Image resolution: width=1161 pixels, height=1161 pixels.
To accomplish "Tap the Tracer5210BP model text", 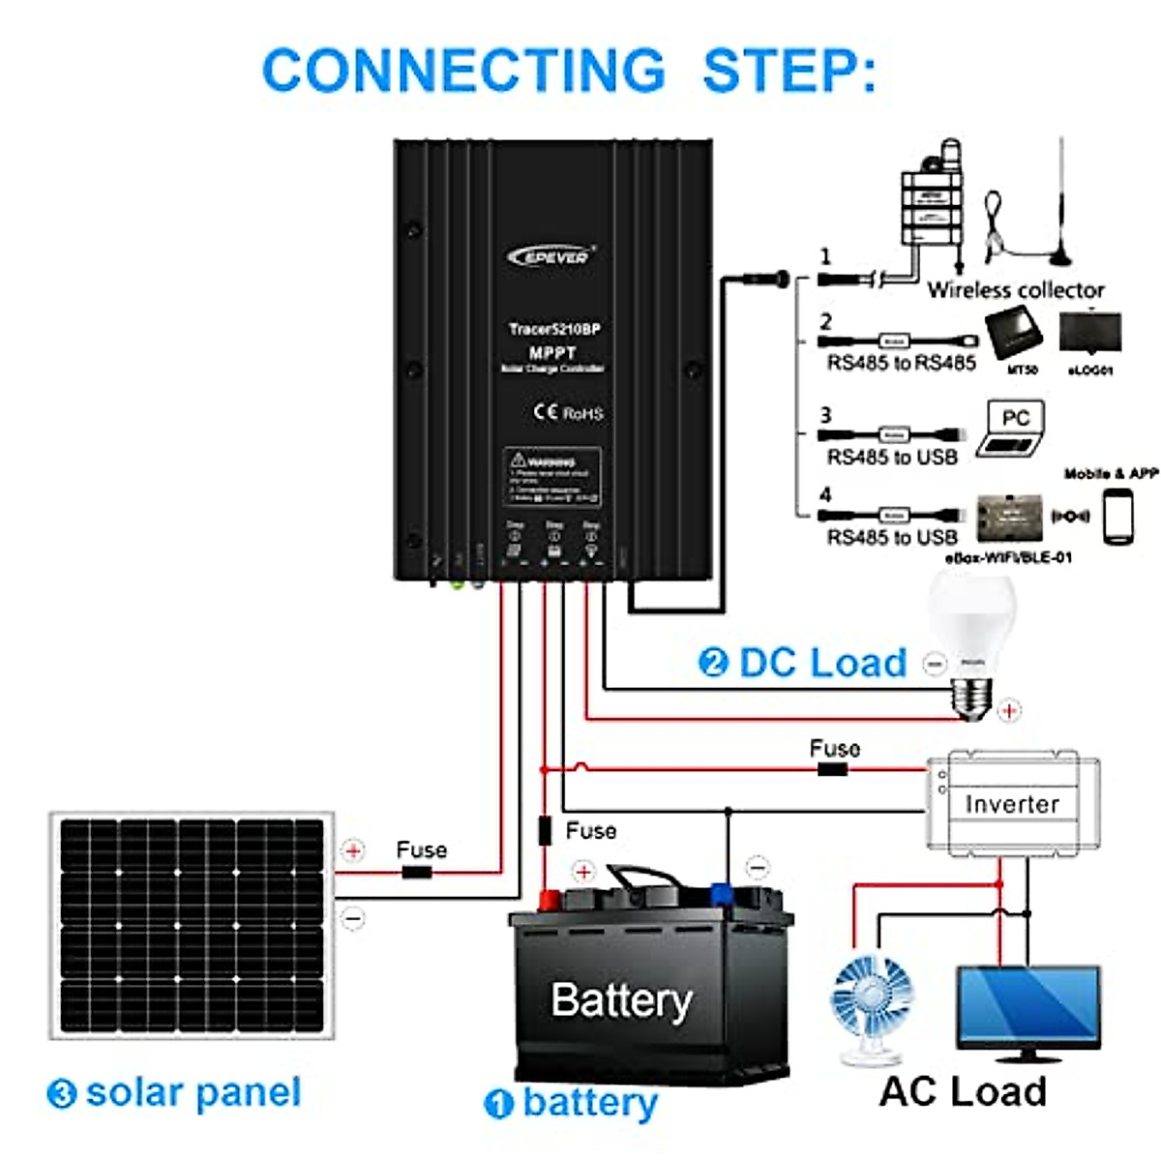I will [554, 329].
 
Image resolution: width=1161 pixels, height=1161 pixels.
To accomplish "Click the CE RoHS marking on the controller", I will [568, 413].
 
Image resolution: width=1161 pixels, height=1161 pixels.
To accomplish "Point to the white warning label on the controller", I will [552, 476].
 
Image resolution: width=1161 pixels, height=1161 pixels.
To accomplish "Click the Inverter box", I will [1012, 803].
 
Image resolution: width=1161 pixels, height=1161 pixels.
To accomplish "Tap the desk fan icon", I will [871, 1006].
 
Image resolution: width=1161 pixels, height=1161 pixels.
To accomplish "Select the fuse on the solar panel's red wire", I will [416, 873].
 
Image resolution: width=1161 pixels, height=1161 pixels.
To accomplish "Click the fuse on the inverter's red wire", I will [832, 770].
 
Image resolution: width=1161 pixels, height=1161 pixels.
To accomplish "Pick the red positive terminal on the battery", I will [547, 901].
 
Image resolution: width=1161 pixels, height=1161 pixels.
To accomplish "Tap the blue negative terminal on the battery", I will [722, 893].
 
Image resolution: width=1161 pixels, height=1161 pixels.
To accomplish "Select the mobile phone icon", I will [1117, 517].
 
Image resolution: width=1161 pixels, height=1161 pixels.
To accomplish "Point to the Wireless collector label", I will [1016, 290].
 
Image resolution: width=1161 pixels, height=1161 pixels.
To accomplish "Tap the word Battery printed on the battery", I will [621, 1000].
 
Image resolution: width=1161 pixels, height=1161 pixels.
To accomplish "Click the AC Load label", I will [963, 1091].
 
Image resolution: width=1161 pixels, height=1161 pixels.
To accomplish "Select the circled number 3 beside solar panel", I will [62, 1094].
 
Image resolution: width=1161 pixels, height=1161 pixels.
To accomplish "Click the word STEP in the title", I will [789, 71].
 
